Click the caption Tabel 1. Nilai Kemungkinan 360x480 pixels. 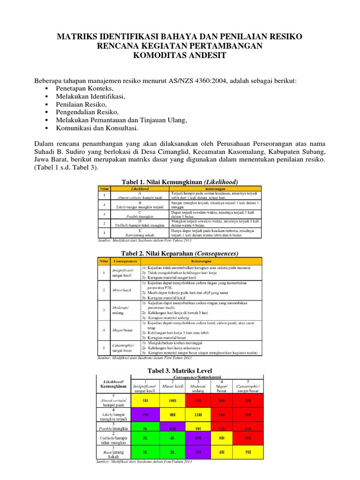[x=180, y=181]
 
